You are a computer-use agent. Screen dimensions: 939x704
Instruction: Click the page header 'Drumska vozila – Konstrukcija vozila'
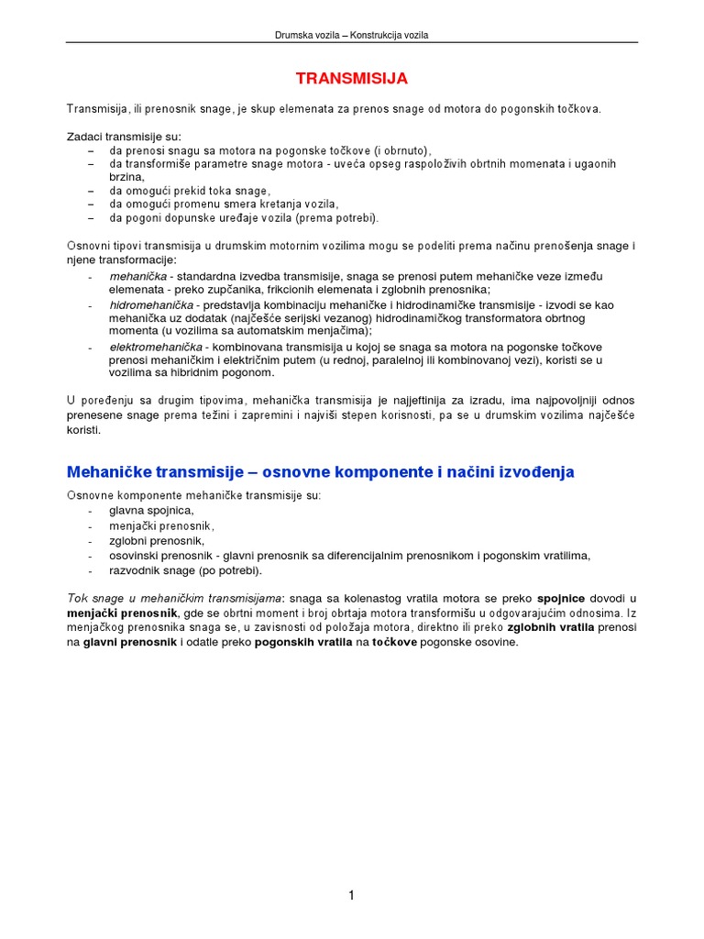tap(352, 35)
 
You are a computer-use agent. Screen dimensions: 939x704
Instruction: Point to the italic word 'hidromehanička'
tap(151, 304)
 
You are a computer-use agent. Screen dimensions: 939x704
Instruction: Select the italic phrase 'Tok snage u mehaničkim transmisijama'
tap(174, 598)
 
